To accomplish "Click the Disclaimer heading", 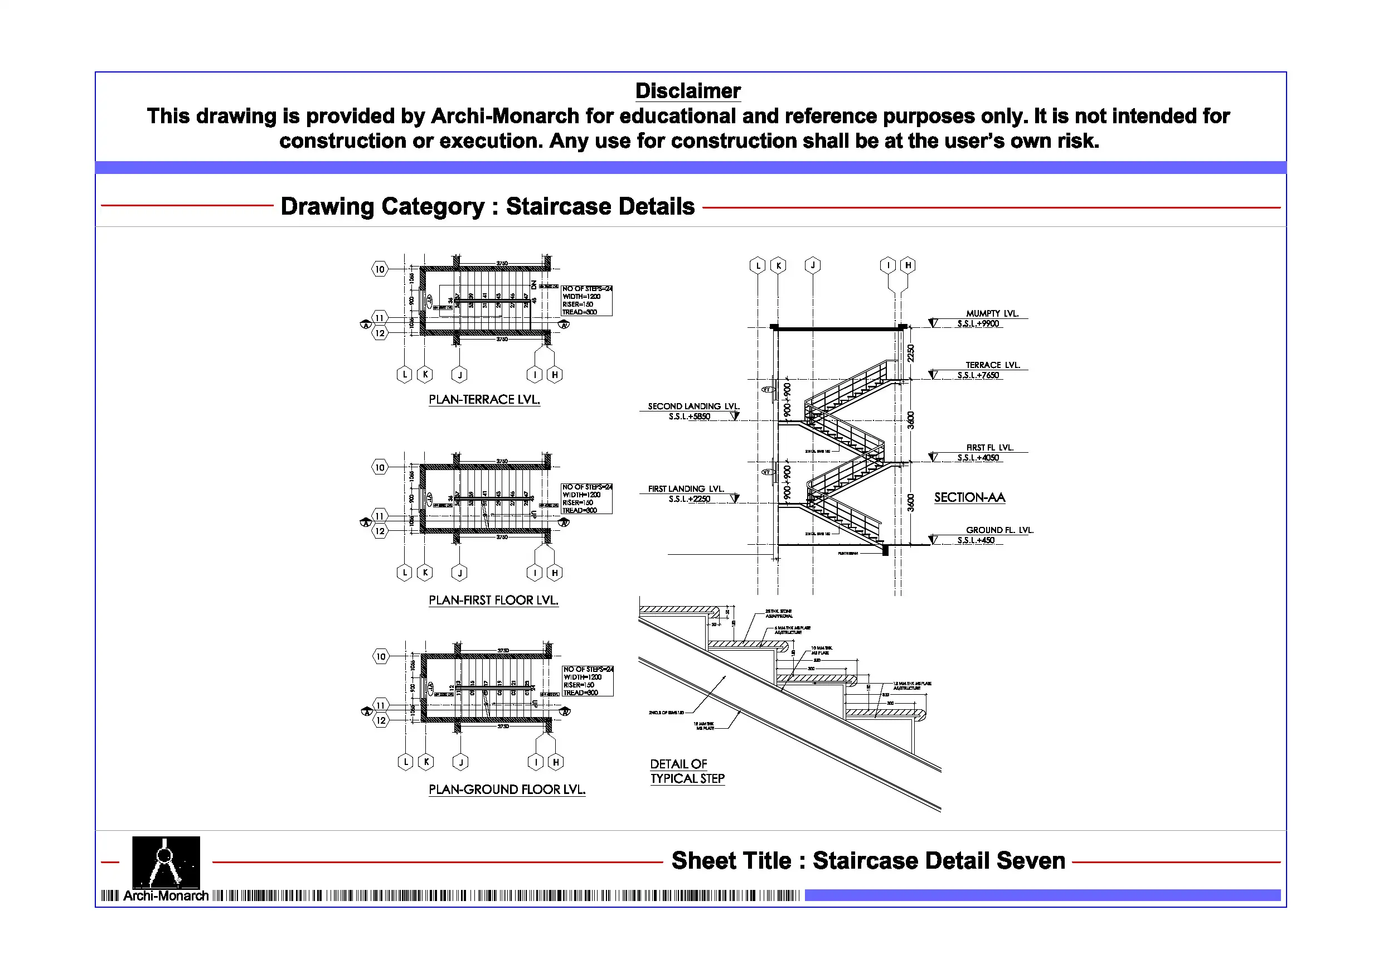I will coord(687,91).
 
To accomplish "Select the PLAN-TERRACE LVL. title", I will coord(484,400).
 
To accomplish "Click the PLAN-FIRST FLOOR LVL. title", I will coord(493,600).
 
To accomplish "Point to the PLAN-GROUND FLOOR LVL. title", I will coord(507,790).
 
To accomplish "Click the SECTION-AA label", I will coord(969,498).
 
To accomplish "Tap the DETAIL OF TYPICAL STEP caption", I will coord(687,771).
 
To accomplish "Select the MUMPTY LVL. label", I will coord(992,313).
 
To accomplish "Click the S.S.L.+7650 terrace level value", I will coord(978,375).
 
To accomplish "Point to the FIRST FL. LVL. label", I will coord(989,448).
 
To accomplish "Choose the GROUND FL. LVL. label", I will coord(999,530).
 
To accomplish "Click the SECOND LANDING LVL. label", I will coord(693,406).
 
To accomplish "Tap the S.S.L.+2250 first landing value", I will coord(689,499).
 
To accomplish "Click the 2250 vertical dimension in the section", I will coord(911,353).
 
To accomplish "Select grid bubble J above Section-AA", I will coord(813,265).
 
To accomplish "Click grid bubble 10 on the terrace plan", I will coord(380,269).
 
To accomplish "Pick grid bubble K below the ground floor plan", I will coord(426,762).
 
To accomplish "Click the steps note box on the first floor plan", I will coord(586,498).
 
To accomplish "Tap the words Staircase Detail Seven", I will coord(939,861).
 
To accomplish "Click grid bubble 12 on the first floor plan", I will coord(380,531).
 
